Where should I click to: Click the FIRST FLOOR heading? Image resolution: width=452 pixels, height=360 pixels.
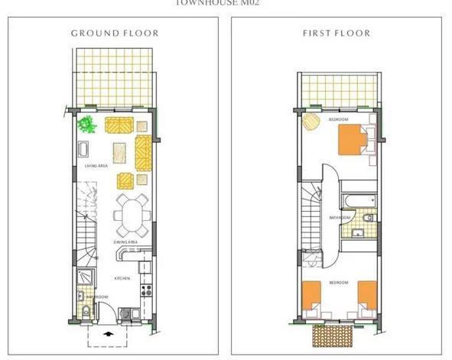click(x=336, y=34)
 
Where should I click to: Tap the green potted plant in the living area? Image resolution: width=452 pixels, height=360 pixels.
click(x=88, y=124)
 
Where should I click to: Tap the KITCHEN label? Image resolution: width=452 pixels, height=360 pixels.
click(x=124, y=278)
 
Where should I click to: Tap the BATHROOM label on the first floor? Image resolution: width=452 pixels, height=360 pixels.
click(x=339, y=218)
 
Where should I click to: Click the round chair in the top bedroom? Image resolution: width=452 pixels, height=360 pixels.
click(x=311, y=121)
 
